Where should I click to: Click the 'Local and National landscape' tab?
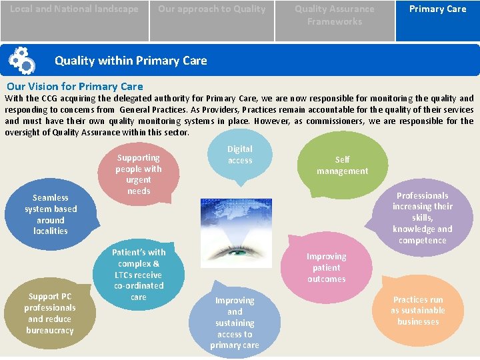[x=74, y=9]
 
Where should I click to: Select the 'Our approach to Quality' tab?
[x=211, y=9]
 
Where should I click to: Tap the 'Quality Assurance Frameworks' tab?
[x=334, y=15]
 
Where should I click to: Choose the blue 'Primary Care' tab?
[x=437, y=9]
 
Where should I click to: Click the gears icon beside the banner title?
[x=21, y=61]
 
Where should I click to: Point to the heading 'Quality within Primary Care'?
[x=131, y=61]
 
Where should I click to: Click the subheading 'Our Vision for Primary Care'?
[x=75, y=86]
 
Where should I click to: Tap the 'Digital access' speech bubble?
[x=240, y=155]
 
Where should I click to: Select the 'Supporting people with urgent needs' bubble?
[x=138, y=174]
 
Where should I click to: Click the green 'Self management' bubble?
[x=342, y=165]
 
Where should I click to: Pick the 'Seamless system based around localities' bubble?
[x=51, y=214]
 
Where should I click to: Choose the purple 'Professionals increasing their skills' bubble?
[x=422, y=218]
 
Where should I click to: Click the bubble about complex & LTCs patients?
[x=138, y=274]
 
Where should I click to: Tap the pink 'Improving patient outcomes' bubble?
[x=327, y=267]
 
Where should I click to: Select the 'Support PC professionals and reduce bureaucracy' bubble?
[x=49, y=313]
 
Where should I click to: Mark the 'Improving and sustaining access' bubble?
[x=235, y=323]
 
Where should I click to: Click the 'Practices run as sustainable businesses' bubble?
[x=417, y=311]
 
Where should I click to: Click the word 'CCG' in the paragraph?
[x=49, y=98]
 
